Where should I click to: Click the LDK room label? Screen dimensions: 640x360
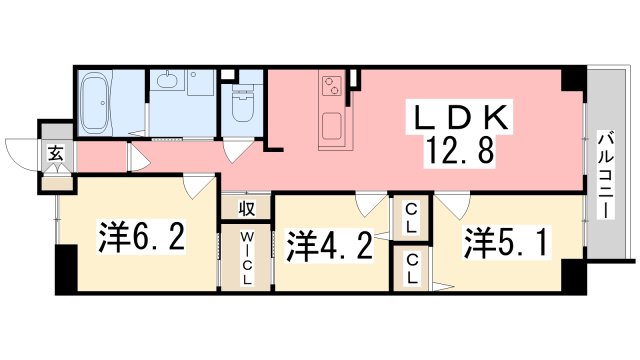coord(461,118)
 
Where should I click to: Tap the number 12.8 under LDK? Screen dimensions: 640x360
coord(460,149)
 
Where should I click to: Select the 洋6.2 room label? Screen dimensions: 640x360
coord(142,236)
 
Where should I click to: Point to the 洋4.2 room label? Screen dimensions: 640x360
coord(329,246)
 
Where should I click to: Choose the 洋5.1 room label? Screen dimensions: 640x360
coord(505,242)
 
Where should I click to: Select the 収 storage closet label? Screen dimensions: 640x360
coord(247,209)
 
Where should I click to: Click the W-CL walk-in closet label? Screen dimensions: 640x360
coord(247,259)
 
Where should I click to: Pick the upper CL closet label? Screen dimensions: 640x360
coord(411,218)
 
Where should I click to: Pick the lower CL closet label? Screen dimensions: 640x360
coord(411,269)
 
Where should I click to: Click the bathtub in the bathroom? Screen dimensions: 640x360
coord(95,102)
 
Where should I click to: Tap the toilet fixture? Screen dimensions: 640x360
coord(243,104)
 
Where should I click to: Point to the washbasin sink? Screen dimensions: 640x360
coord(167,81)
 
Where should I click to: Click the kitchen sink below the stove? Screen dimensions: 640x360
coord(331,126)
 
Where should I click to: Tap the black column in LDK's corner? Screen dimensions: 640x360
coord(574,80)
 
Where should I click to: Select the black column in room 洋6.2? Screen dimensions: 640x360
coord(66,269)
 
